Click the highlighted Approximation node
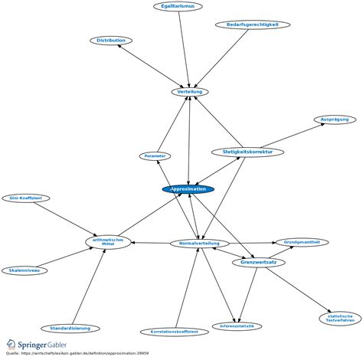188,189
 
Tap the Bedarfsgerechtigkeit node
252,25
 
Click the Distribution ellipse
111,40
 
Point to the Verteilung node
189,91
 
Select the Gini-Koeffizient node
25,198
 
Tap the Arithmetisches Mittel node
108,241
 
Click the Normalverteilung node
200,244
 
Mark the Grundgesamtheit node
302,242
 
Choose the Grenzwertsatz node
259,262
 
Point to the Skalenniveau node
25,270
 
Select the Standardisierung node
70,328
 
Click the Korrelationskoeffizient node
174,332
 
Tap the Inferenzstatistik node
237,326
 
